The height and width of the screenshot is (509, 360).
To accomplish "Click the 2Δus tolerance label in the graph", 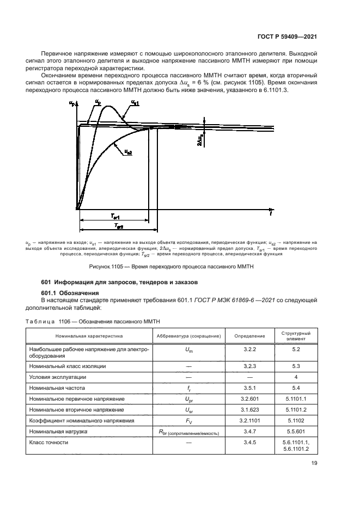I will coord(201,140).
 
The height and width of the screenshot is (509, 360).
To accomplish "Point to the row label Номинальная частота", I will coord(57,388).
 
